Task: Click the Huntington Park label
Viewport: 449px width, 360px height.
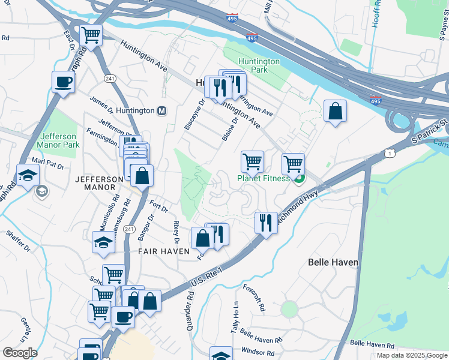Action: [x=259, y=66]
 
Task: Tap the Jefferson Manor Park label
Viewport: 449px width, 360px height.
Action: [x=58, y=140]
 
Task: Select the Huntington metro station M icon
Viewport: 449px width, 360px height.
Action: [x=161, y=111]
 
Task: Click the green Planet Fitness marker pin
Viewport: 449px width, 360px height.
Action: [x=298, y=179]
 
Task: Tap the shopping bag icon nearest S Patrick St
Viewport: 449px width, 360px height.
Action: [x=335, y=111]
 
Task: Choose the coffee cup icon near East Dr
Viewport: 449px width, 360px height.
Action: [x=62, y=82]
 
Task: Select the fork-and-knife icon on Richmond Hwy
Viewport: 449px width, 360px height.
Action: [x=265, y=223]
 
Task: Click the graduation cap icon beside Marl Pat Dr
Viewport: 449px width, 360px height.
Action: [x=28, y=175]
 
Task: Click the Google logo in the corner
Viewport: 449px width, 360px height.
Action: [x=20, y=352]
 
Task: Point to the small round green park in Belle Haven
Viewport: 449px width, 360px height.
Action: [x=289, y=309]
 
